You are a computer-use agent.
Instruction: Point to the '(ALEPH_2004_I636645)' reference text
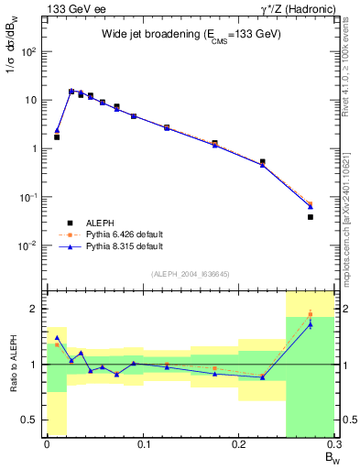[191, 275]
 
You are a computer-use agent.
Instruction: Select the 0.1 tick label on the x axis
[143, 444]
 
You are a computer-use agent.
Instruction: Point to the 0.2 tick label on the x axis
[238, 444]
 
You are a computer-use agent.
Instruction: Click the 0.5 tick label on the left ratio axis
[30, 420]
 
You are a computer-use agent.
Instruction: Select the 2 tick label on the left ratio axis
[35, 309]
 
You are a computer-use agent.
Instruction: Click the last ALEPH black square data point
[311, 217]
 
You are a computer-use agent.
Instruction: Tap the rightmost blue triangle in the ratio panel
[311, 324]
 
